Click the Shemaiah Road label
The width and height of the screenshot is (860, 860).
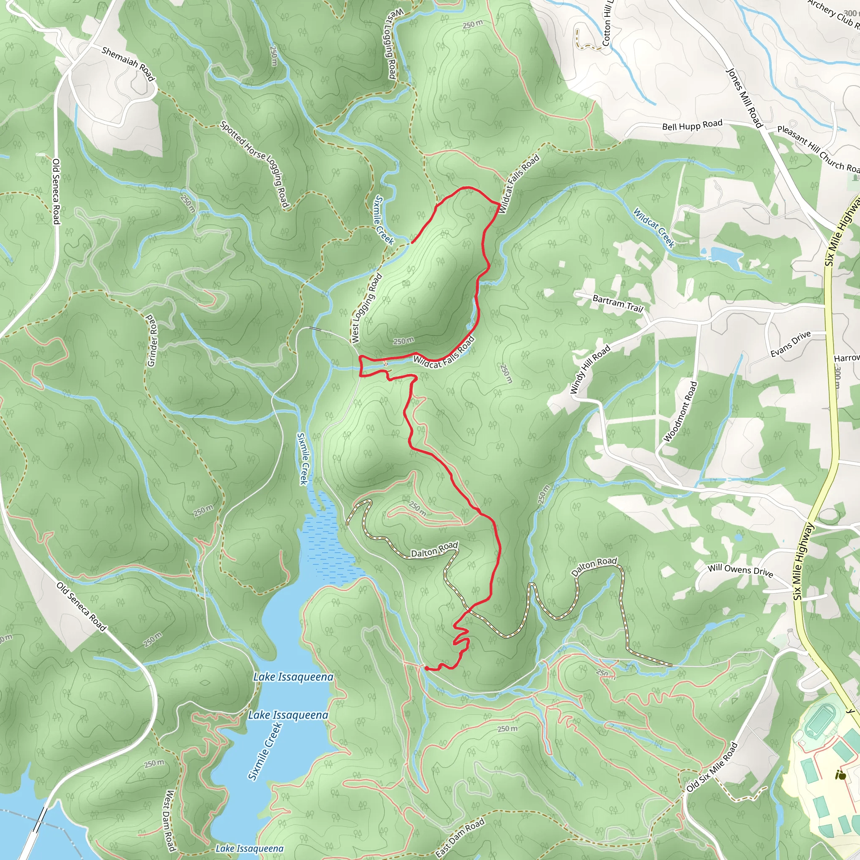tap(128, 64)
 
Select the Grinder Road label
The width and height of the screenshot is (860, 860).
tap(152, 341)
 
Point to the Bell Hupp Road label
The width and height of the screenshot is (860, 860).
tap(692, 125)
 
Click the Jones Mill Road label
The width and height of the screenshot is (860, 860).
tap(744, 98)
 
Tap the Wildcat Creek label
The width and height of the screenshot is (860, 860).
tap(654, 228)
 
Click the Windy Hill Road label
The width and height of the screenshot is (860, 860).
tap(590, 370)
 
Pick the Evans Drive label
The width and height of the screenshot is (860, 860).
tap(791, 343)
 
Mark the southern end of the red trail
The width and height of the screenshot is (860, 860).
tap(426, 668)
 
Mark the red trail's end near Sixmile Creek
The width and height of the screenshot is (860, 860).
tap(411, 243)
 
